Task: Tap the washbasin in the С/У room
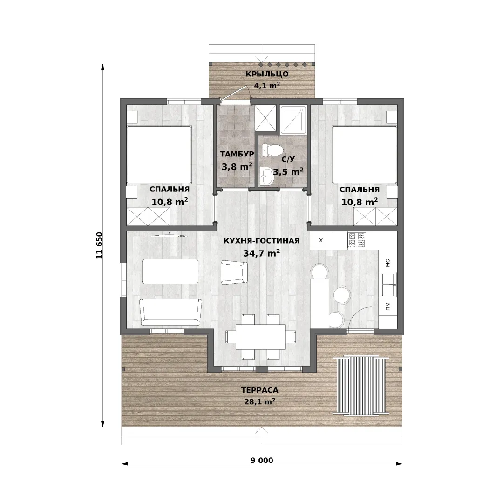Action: pos(266,176)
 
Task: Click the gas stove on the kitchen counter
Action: pos(357,240)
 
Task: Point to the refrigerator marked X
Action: pos(321,240)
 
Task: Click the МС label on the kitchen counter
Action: pos(387,263)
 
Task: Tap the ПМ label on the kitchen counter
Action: pos(387,306)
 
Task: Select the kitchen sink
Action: pos(388,284)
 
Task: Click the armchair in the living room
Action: pos(234,272)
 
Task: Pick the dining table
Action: pos(261,337)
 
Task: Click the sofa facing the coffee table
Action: pos(171,312)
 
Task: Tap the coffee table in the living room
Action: pos(170,272)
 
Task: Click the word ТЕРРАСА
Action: pos(259,390)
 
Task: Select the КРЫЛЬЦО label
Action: pos(267,74)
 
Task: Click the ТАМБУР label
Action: pos(237,154)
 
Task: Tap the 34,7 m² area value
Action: pos(261,253)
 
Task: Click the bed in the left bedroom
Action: pos(159,155)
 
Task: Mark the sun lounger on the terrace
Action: pos(361,385)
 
